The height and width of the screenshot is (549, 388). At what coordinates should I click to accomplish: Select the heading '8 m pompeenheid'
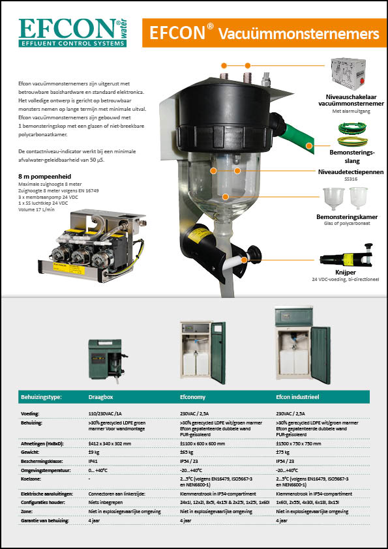pyautogui.click(x=43, y=175)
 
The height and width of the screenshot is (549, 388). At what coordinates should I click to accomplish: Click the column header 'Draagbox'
pyautogui.click(x=102, y=396)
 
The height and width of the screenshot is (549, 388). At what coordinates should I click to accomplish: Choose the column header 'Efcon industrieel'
pyautogui.click(x=302, y=396)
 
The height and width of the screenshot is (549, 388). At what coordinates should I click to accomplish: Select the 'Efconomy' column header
pyautogui.click(x=193, y=396)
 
